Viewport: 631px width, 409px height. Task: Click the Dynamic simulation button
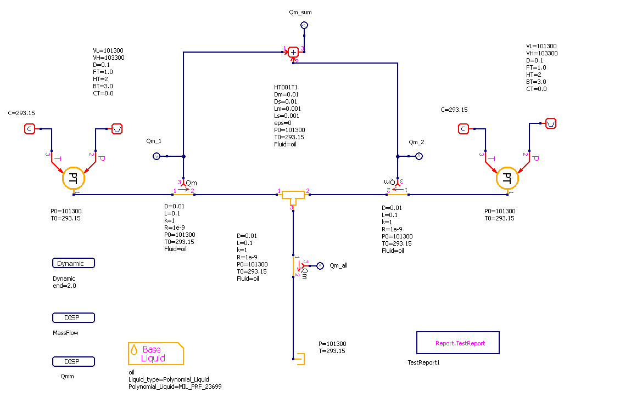coord(74,263)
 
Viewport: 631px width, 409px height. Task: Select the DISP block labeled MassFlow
coord(74,318)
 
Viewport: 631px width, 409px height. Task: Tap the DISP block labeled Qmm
coord(74,362)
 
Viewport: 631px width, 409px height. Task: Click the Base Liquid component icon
coord(155,354)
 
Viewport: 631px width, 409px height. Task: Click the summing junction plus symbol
coord(293,52)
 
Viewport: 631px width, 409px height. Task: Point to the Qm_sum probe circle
coord(304,25)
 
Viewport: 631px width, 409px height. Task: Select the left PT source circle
coord(73,179)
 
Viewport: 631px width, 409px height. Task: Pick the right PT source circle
coord(507,179)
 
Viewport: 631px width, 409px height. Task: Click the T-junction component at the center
coord(293,196)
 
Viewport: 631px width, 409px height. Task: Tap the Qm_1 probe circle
coord(156,157)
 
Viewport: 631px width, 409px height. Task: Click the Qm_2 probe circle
coord(418,157)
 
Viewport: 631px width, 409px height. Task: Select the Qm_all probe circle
coord(321,265)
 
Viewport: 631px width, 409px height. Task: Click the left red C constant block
coord(30,129)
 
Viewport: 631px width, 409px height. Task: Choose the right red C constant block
coord(464,129)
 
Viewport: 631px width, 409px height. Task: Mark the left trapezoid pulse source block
coord(117,129)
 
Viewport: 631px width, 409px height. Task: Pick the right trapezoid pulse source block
coord(551,123)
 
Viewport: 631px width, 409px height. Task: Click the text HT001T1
coord(286,87)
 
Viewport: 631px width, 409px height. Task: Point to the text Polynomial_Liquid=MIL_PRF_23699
coord(175,387)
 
